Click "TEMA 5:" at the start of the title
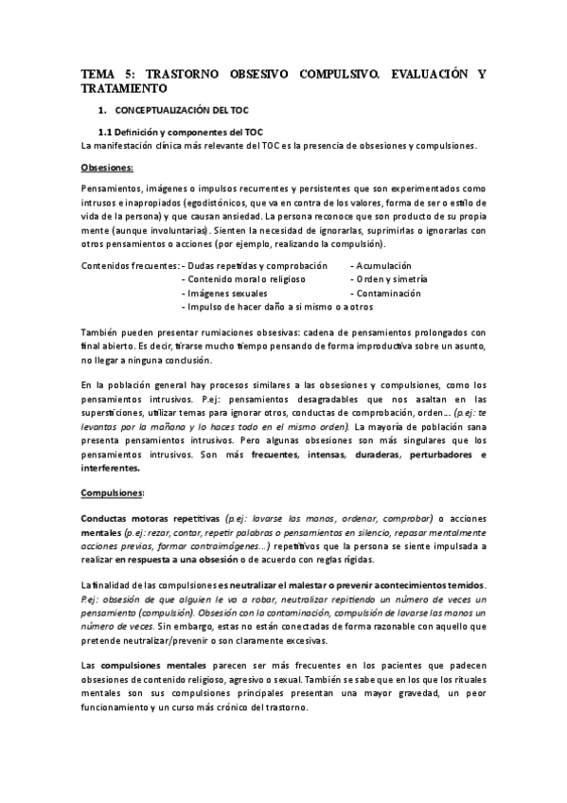[107, 73]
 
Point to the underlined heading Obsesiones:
[108, 167]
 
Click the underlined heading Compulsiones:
[114, 492]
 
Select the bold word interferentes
[111, 467]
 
